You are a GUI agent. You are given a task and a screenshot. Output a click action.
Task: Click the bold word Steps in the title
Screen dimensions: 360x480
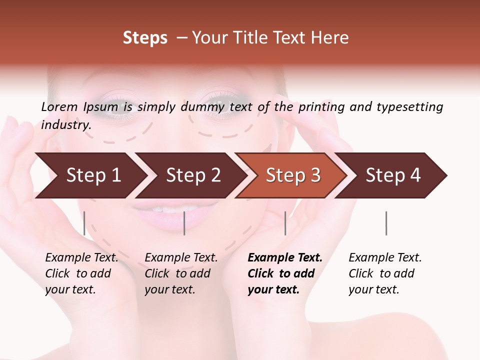[x=145, y=38]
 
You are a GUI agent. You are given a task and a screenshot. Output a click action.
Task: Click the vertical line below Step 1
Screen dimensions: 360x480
[x=84, y=223]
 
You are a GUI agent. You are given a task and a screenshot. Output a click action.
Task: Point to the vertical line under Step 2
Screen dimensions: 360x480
[x=184, y=223]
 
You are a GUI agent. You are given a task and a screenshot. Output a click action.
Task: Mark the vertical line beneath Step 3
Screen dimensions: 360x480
[x=285, y=223]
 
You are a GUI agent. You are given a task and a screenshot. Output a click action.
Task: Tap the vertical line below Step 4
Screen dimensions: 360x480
[x=386, y=223]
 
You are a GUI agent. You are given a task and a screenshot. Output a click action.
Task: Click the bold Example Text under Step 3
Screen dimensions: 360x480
[x=285, y=258]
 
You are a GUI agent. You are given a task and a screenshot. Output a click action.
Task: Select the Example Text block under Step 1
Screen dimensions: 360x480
[x=81, y=273]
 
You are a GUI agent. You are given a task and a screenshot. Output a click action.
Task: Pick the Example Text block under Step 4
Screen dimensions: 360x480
[x=384, y=273]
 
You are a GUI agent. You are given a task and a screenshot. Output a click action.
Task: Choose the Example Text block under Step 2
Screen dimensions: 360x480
[x=180, y=273]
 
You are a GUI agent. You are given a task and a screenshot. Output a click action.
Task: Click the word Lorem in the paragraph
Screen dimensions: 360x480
[x=59, y=106]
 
